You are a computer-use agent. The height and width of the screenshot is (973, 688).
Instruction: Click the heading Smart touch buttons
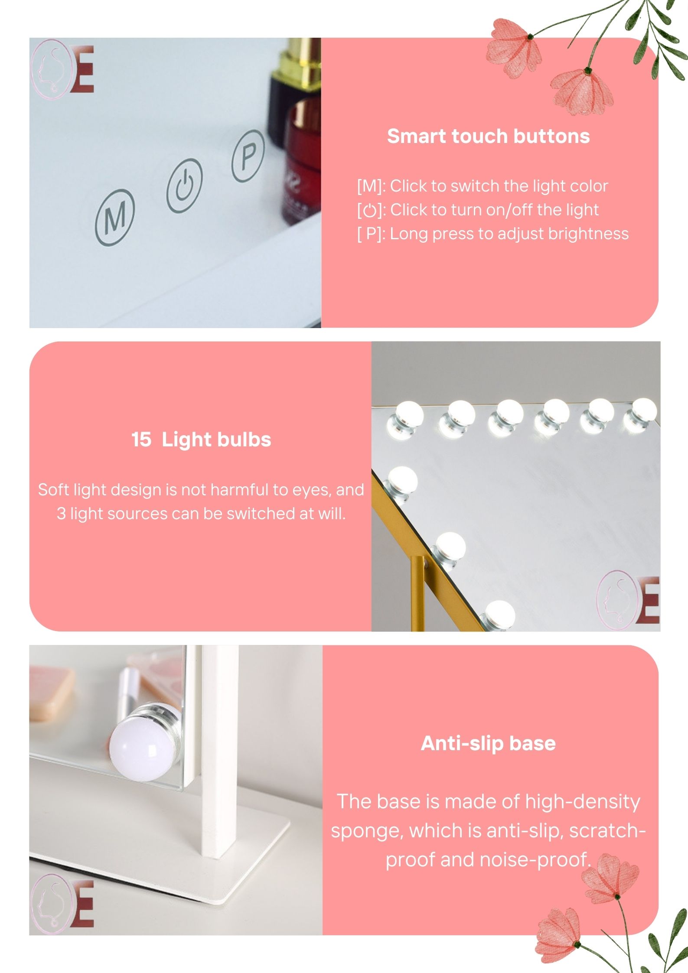coord(488,136)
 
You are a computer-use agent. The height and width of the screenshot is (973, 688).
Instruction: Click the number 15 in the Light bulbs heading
coord(141,439)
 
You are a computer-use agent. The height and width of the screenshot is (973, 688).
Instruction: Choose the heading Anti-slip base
coord(488,743)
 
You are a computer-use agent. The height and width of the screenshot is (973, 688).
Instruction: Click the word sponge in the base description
coord(367,831)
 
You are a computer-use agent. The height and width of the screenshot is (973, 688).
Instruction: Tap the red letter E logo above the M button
coord(82,69)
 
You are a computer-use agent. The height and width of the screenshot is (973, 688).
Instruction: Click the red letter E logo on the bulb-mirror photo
coord(648,601)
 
